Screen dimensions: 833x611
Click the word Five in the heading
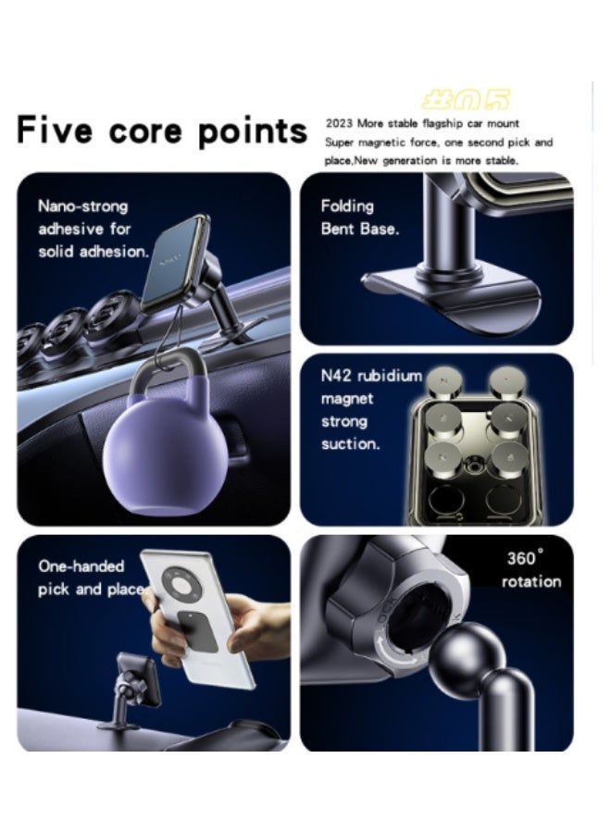point(55,131)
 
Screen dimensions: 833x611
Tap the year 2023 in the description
point(339,123)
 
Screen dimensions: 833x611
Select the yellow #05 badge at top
point(466,100)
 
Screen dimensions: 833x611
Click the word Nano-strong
point(82,205)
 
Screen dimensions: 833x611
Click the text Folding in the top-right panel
point(347,205)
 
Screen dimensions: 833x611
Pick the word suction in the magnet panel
point(350,443)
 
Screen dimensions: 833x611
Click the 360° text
point(525,558)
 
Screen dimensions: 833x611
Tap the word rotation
point(530,581)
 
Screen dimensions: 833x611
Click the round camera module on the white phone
point(185,585)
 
